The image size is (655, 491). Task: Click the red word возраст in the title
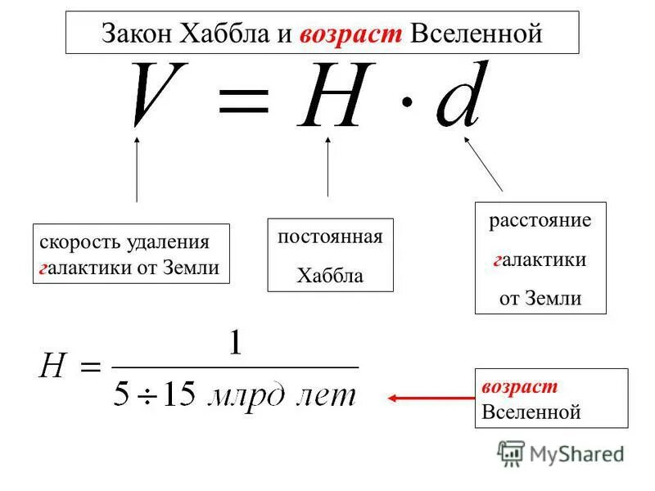(x=351, y=34)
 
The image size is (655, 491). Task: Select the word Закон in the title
(x=134, y=34)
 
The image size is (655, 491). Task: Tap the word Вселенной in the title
(x=476, y=34)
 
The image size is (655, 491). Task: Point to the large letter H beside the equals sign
(x=332, y=98)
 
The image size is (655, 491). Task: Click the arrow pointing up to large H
(x=327, y=167)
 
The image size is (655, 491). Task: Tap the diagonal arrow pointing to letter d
(x=484, y=163)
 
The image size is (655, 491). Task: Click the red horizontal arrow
(x=430, y=399)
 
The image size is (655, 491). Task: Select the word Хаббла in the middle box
(x=330, y=276)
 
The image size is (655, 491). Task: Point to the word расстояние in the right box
(x=540, y=221)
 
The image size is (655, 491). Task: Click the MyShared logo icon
(x=512, y=453)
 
